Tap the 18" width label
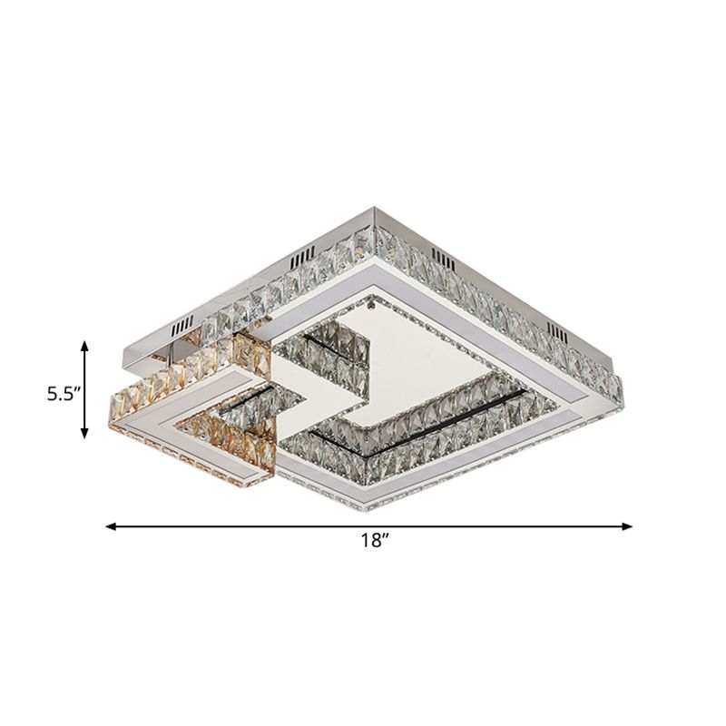click(x=370, y=542)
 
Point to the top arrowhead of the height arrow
click(x=85, y=345)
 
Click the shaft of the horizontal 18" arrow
click(x=272, y=525)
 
